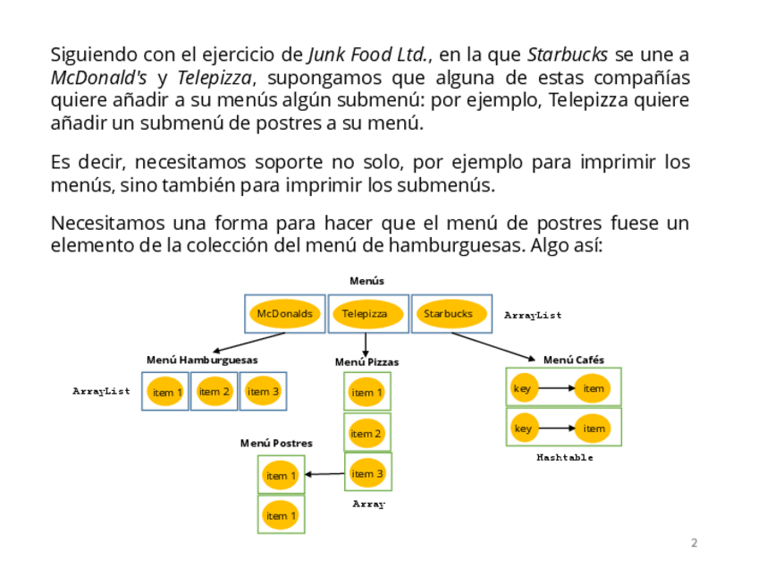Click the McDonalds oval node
click(284, 314)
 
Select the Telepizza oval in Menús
click(365, 314)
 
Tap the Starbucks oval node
click(448, 314)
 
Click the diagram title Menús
click(366, 281)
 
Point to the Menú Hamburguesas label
click(202, 360)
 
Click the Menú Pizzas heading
click(366, 362)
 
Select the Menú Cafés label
click(573, 360)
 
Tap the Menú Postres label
click(276, 443)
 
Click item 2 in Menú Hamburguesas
click(215, 392)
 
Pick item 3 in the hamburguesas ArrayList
click(263, 392)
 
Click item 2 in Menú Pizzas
click(366, 434)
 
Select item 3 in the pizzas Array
click(367, 474)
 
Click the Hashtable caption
click(564, 457)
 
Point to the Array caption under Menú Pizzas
click(368, 504)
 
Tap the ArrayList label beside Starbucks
click(533, 315)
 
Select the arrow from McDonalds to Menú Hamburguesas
click(250, 343)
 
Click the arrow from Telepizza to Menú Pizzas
click(366, 344)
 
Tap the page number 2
click(695, 542)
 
